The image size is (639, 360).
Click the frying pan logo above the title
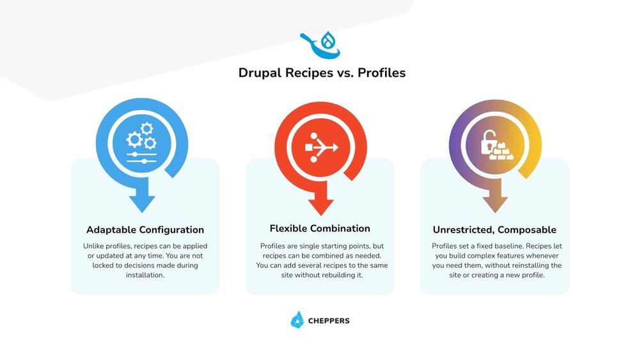(x=320, y=45)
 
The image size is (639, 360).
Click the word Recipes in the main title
(x=299, y=73)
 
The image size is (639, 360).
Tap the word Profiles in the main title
(x=381, y=73)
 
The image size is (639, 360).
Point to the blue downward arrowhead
(x=142, y=203)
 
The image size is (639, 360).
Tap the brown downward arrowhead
(x=494, y=203)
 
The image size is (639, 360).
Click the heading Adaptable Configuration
(x=145, y=230)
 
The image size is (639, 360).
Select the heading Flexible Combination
(x=320, y=229)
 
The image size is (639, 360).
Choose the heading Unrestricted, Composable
(x=494, y=230)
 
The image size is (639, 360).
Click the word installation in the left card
(x=145, y=275)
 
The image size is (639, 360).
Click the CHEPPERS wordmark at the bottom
(x=328, y=321)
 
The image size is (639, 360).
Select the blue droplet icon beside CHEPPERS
(x=297, y=320)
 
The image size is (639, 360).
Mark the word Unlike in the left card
(x=94, y=246)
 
